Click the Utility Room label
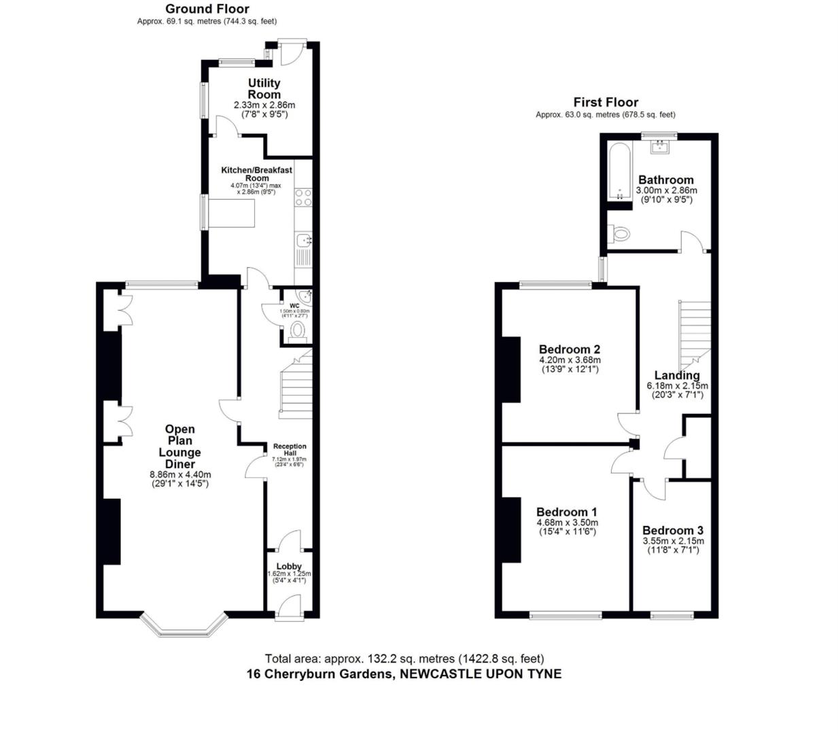pyautogui.click(x=264, y=89)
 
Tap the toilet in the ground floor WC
pyautogui.click(x=297, y=331)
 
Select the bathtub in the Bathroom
pyautogui.click(x=618, y=171)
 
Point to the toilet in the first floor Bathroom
pyautogui.click(x=619, y=234)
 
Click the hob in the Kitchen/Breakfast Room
pyautogui.click(x=303, y=197)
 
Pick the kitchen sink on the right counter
pyautogui.click(x=304, y=239)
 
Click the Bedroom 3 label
pyautogui.click(x=673, y=530)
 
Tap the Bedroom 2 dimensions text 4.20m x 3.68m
pyautogui.click(x=570, y=360)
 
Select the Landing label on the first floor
pyautogui.click(x=677, y=375)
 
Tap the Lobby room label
pyautogui.click(x=289, y=566)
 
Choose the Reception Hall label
pyautogui.click(x=290, y=450)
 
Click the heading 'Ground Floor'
pyautogui.click(x=207, y=9)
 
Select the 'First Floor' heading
pyautogui.click(x=606, y=102)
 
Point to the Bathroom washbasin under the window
pyautogui.click(x=659, y=146)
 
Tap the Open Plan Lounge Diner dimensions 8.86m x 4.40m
pyautogui.click(x=180, y=475)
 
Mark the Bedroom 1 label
pyautogui.click(x=567, y=512)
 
